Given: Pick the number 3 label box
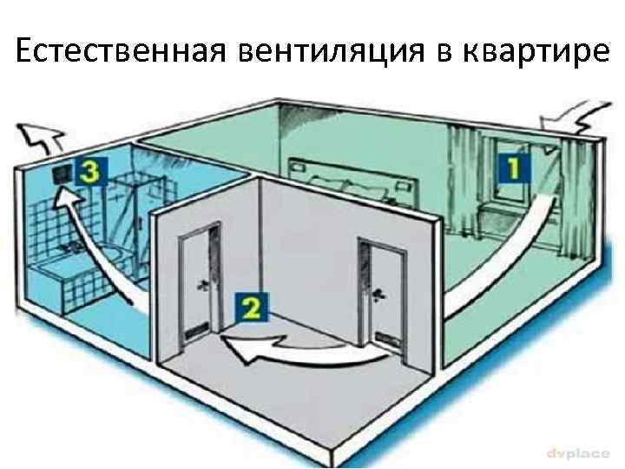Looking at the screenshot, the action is click(89, 173).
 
